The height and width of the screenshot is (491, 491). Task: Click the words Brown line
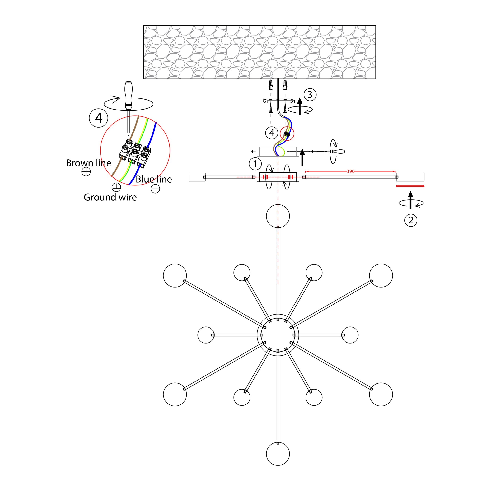click(88, 163)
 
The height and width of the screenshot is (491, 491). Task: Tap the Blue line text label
click(154, 179)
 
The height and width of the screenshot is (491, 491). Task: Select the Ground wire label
click(110, 197)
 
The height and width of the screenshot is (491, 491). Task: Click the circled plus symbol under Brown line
click(86, 172)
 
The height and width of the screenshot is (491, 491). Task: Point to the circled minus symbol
click(155, 189)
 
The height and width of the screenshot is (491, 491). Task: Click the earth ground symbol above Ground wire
click(116, 187)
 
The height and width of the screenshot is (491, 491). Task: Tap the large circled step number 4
click(99, 118)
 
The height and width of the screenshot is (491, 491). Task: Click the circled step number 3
click(310, 95)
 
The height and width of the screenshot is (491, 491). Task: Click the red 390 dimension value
click(350, 171)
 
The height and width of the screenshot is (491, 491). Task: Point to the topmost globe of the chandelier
click(278, 216)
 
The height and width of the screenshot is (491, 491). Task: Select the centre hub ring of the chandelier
click(278, 314)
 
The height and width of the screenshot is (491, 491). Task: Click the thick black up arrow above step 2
click(410, 200)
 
